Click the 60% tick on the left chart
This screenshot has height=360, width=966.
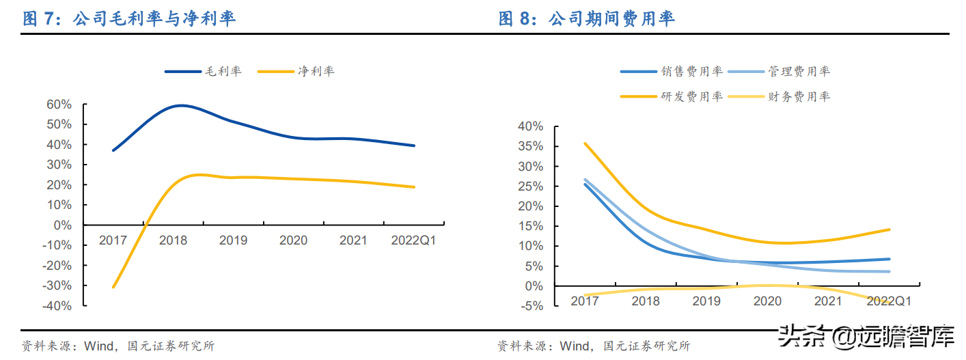pos(59,105)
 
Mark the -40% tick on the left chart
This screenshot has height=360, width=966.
pos(57,305)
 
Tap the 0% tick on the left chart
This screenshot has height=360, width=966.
pos(63,225)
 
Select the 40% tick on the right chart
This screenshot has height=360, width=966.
pos(531,126)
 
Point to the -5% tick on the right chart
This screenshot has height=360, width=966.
pos(532,306)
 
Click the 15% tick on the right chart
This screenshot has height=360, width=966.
pos(531,226)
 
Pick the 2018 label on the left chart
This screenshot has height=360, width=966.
pos(173,240)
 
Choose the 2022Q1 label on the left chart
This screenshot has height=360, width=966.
pos(413,240)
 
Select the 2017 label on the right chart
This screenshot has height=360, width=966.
pos(585,301)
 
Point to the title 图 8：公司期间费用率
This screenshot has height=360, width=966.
pos(587,19)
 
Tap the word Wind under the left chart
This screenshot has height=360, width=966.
pos(98,346)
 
